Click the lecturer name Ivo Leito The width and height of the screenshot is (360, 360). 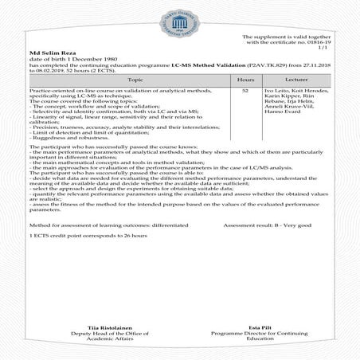[x=277, y=92]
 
